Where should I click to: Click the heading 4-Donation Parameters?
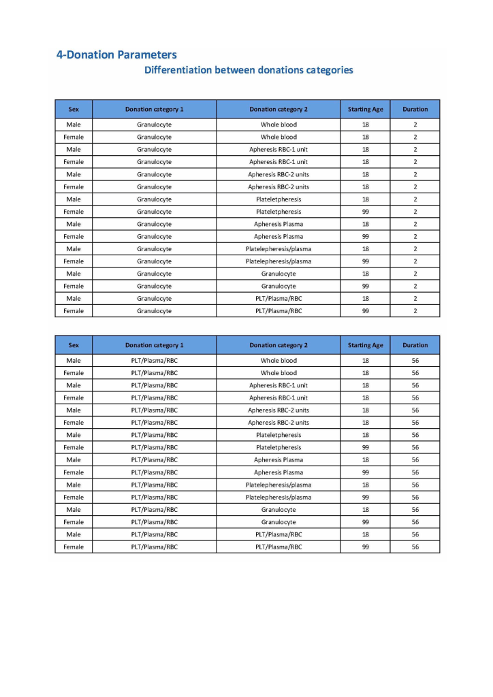[x=116, y=55]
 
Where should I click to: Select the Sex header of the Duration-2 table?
[x=74, y=109]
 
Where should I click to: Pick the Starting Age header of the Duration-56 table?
[x=366, y=345]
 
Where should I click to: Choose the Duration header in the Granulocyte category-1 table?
[x=415, y=109]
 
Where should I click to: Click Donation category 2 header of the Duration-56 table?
[x=279, y=345]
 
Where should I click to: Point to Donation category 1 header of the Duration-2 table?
[x=154, y=109]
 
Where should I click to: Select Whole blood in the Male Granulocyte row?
[x=279, y=125]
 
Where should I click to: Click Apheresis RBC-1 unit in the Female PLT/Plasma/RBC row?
[x=279, y=398]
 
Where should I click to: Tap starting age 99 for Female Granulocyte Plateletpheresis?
[x=366, y=212]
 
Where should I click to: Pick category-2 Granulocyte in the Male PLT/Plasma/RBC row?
[x=279, y=509]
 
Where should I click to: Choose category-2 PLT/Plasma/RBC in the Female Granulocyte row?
[x=279, y=311]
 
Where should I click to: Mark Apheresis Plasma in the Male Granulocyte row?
[x=279, y=224]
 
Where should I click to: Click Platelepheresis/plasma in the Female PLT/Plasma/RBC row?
[x=279, y=497]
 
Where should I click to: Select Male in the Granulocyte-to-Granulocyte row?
[x=74, y=274]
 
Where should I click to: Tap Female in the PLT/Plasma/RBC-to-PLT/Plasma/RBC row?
[x=74, y=547]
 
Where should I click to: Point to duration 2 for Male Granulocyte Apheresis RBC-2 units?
[x=415, y=174]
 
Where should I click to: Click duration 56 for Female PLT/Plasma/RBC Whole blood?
[x=415, y=373]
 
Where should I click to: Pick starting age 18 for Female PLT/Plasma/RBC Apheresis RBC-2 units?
[x=366, y=423]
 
